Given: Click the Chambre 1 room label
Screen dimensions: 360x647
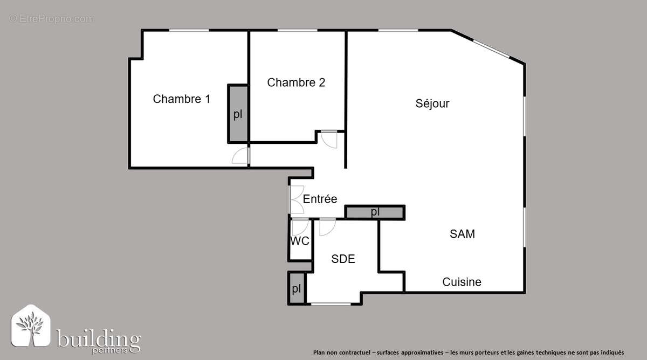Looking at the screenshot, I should pos(181,99).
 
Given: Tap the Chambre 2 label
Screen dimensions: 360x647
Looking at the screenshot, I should pos(296,82).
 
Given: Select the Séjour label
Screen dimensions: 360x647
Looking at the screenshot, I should pos(432,103).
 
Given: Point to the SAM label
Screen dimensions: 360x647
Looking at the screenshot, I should pos(462,234).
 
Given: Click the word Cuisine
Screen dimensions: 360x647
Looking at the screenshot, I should pos(462,282).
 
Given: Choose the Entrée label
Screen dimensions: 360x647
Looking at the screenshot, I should pos(320,199).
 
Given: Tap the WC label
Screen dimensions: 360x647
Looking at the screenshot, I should pos(300,241).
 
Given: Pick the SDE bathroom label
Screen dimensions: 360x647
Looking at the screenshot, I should pos(343,259).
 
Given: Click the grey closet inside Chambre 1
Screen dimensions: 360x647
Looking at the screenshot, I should pos(238,114).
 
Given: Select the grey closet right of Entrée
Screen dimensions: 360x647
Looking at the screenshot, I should pos(375,212).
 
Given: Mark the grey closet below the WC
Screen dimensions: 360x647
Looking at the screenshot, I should pos(296,288).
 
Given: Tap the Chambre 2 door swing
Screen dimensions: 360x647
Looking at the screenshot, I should pos(328,139).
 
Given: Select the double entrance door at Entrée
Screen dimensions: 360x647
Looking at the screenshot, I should pos(295,199).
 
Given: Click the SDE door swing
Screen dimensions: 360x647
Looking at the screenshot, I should pos(327,227).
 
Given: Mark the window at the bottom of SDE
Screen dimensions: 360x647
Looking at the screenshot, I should pos(331,304).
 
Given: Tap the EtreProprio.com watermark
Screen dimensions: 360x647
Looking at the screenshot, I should pos(51,19).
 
